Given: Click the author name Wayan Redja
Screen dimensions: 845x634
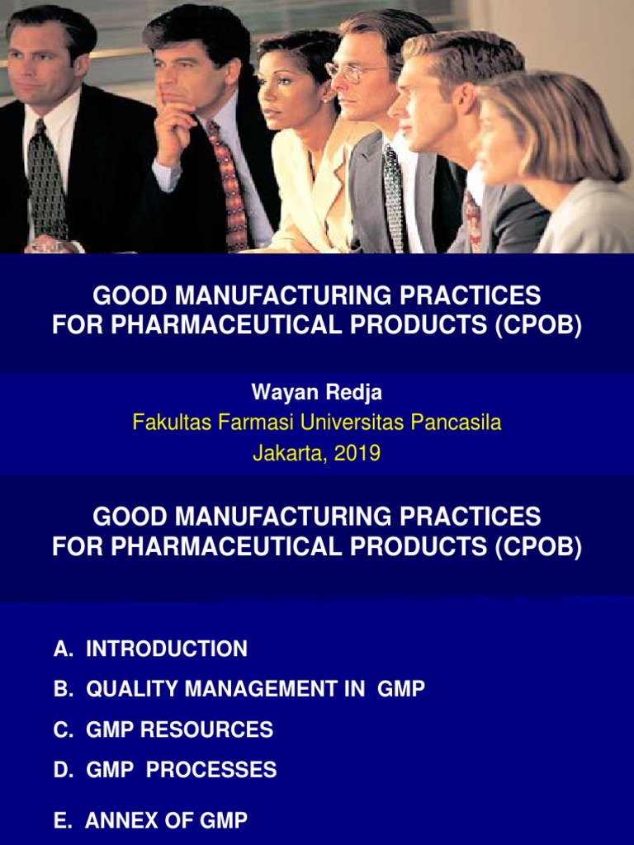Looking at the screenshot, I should point(317,393).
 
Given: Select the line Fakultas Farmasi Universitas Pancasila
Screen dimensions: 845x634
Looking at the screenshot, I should point(317,422).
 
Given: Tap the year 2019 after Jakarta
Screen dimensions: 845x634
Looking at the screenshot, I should point(357,453).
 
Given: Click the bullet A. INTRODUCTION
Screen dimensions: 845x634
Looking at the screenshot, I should point(150,649).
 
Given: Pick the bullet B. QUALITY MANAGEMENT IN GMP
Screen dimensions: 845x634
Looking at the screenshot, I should point(239,689).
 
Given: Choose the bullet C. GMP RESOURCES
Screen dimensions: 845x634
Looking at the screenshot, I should point(163,729).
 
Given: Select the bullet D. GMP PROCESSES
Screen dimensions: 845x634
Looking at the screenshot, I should point(165,770).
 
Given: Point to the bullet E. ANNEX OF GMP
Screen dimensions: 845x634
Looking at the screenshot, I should point(150,820).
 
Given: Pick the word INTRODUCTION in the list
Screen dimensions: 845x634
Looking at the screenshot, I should point(167,649).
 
